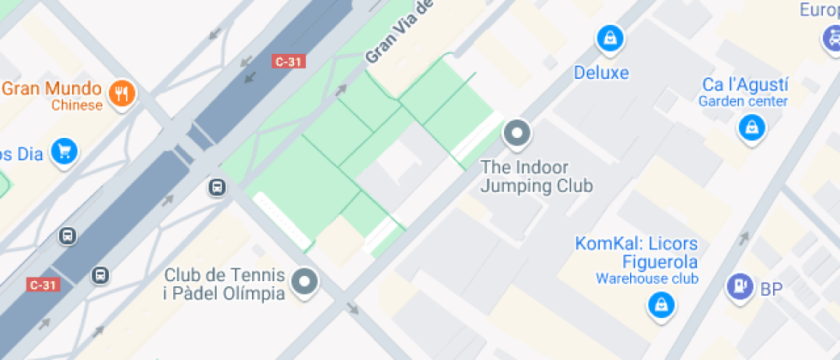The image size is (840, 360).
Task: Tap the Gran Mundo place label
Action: (x=51, y=89)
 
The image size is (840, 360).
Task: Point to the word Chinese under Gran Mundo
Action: (x=76, y=105)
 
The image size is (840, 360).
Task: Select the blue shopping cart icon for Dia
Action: (x=63, y=152)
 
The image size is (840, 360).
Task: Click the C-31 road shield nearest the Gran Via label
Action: (x=288, y=62)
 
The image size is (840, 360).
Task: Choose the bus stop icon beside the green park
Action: (x=218, y=186)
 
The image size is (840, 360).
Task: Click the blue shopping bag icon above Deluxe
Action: (x=609, y=38)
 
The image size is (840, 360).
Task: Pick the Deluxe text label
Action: (x=601, y=73)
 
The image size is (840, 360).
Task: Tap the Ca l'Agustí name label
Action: (x=745, y=85)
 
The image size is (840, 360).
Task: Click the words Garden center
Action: (x=742, y=101)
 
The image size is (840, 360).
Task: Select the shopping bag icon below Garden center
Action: (x=751, y=129)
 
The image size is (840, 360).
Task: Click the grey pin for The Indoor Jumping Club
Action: (x=517, y=133)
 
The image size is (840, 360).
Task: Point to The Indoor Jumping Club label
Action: (x=536, y=176)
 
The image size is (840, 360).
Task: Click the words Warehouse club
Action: (x=647, y=279)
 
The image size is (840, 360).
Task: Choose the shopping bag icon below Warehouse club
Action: (x=660, y=304)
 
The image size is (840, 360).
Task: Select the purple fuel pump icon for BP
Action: (x=738, y=287)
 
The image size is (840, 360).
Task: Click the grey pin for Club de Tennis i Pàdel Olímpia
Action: (x=304, y=281)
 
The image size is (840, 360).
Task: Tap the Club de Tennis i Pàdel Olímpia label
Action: (x=225, y=285)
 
